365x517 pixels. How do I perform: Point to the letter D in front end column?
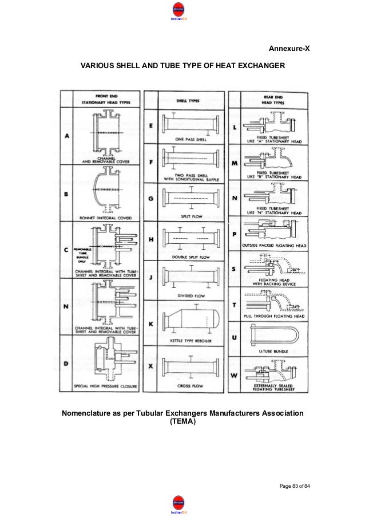[66, 363]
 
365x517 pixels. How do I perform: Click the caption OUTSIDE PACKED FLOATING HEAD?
[274, 246]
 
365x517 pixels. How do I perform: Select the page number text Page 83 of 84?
[294, 486]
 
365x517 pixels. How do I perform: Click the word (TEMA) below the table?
[182, 423]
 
